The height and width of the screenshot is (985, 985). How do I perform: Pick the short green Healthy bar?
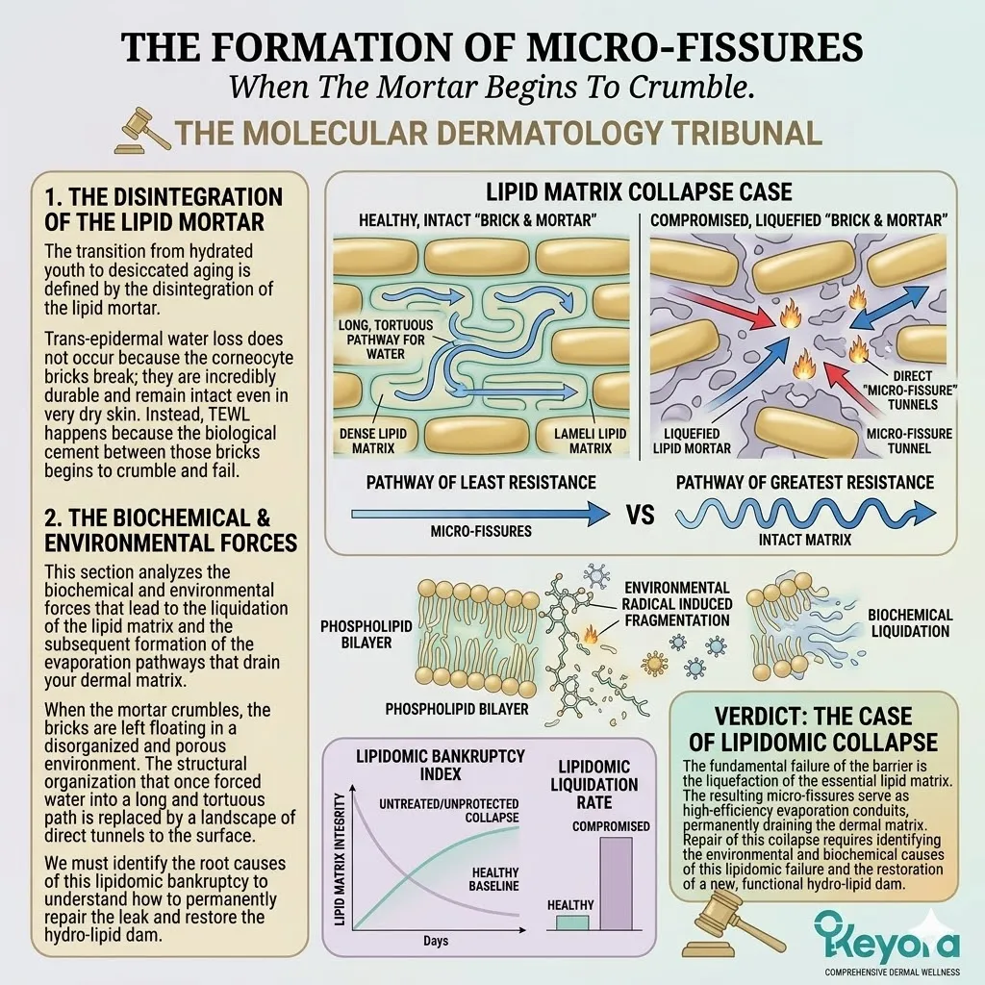coord(571,922)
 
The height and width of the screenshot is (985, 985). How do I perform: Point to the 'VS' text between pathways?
coord(640,514)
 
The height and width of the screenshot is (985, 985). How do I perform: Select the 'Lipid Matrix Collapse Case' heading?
coord(641,192)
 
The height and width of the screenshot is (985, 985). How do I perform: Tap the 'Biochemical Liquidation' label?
coord(909,623)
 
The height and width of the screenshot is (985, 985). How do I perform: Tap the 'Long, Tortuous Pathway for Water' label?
coord(385,340)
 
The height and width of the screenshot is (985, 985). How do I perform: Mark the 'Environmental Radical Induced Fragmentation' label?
coord(677,603)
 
